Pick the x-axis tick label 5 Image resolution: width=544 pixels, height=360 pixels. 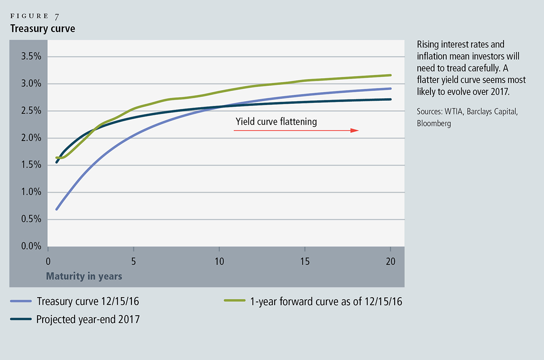coord(134,261)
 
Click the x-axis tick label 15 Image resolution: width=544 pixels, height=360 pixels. coord(305,261)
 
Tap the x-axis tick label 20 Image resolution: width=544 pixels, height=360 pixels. coord(390,261)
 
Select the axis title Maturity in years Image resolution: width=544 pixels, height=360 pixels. coord(84,276)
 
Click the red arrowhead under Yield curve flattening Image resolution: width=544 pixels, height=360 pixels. coord(355,130)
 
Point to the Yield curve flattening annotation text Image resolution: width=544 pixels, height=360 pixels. coord(276,122)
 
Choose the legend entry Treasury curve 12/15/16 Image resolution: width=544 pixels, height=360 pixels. coord(88,301)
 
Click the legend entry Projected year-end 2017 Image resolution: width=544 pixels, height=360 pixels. coord(88,319)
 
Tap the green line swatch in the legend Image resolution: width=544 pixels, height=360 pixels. coord(234,301)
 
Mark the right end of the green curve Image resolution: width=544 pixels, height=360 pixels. coord(391,75)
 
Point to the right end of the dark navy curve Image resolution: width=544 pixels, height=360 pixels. coord(391,100)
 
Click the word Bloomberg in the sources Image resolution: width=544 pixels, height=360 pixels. coord(434,123)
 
